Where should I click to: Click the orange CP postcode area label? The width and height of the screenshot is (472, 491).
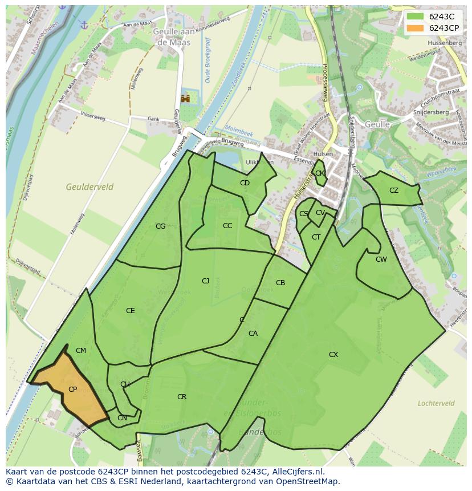pos(72,389)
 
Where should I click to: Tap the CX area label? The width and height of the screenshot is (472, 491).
pos(333,355)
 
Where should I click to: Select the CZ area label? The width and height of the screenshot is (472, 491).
pos(394,190)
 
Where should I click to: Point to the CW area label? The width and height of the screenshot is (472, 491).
pos(381,259)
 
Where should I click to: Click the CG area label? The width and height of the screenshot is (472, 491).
pos(161,226)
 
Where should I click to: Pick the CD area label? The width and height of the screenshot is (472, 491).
pos(245,183)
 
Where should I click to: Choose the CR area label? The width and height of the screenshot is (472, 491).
pos(182,397)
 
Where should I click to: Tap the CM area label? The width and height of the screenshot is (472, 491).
pos(81,351)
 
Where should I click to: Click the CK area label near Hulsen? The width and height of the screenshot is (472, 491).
pos(320,173)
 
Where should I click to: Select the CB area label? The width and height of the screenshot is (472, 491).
pos(280,283)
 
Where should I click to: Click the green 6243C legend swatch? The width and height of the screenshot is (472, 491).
pos(416,17)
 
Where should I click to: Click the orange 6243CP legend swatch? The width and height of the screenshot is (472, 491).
pos(416,27)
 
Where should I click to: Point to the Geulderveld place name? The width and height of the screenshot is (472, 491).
pos(89,187)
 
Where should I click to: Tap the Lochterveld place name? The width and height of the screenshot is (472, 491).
pos(436,403)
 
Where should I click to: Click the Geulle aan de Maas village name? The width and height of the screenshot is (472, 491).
pos(169,37)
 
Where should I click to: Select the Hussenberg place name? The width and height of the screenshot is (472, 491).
pos(443,43)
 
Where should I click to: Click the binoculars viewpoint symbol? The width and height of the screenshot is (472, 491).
pos(185,99)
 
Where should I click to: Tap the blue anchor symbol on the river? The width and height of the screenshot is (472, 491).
pos(84,25)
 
